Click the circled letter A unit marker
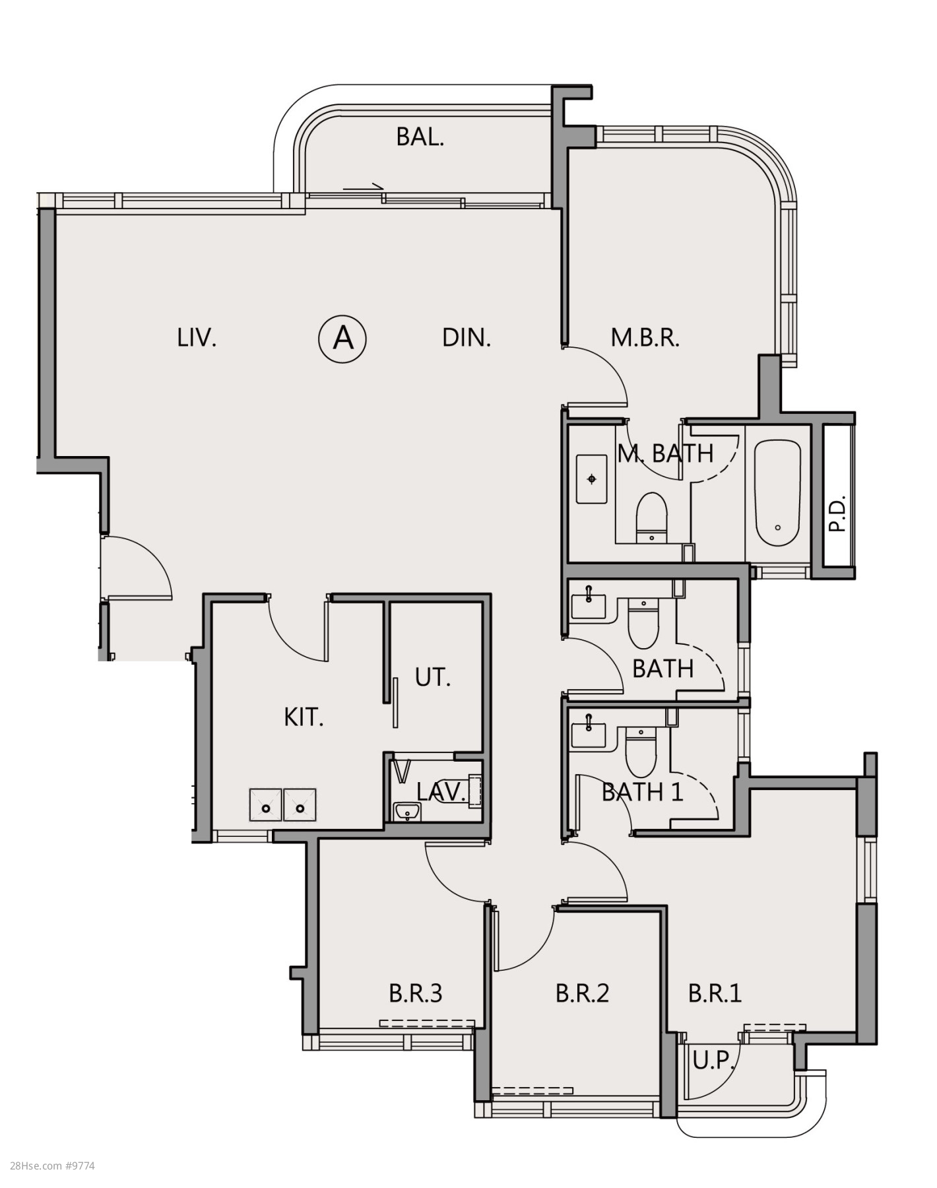point(342,339)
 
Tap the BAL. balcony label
point(420,137)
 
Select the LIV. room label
point(197,338)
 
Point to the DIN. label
point(467,338)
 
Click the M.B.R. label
point(645,338)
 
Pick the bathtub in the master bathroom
point(777,492)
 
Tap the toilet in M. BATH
point(652,517)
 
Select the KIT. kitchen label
point(304,717)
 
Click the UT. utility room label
point(433,678)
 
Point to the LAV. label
point(441,793)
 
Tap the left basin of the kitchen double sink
point(266,805)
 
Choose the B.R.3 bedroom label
point(415,993)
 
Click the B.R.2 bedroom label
point(582,993)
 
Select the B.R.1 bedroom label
point(715,993)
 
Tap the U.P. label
point(714,1061)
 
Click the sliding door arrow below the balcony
point(363,188)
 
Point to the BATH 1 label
point(642,792)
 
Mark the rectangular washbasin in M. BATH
point(592,478)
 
